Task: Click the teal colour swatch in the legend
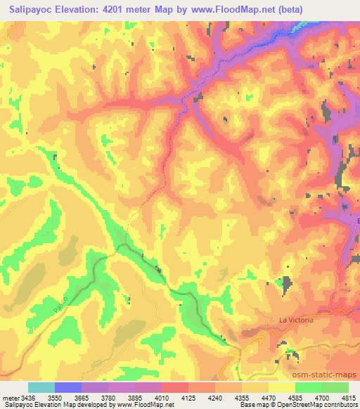41,387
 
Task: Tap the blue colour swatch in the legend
67,387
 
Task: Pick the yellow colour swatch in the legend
281,387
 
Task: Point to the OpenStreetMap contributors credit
316,405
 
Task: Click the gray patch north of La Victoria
286,284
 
